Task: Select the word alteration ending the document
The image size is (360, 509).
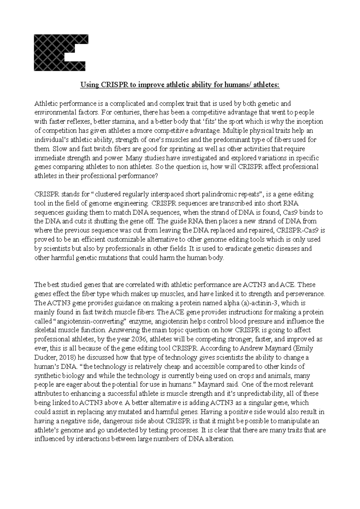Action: [219, 439]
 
